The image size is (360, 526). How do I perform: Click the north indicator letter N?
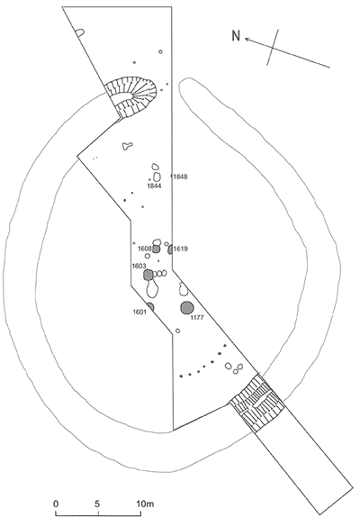(236, 35)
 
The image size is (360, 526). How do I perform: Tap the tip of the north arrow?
(245, 39)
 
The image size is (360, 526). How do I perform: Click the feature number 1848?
(180, 177)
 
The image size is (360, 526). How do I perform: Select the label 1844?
(155, 186)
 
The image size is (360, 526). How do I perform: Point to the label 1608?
(145, 249)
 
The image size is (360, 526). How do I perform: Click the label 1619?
(181, 249)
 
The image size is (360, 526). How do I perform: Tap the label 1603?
(139, 266)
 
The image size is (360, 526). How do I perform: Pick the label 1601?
(139, 312)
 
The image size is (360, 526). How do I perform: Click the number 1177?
(197, 318)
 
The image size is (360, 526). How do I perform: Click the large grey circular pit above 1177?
(186, 308)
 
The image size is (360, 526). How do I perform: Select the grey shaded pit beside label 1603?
(148, 275)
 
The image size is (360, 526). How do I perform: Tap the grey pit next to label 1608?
(156, 249)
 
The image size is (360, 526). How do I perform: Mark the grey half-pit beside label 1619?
(170, 249)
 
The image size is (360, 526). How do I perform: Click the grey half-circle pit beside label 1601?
(150, 306)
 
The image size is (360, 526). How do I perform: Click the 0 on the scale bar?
(56, 503)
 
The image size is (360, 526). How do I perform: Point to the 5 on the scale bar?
(97, 503)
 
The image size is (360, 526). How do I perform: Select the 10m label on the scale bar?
(145, 503)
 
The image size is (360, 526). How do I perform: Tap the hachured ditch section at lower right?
(256, 403)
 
